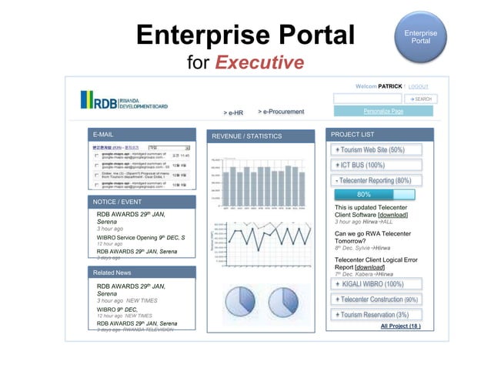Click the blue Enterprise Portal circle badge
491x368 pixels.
421,37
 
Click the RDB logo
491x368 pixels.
125,101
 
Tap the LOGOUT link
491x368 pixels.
419,86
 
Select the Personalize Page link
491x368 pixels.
383,112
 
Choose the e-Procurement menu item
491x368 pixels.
281,112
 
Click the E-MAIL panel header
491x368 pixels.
141,135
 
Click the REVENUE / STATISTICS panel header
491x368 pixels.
261,136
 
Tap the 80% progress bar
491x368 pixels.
364,194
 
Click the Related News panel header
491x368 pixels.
141,273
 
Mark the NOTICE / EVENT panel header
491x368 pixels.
141,202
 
